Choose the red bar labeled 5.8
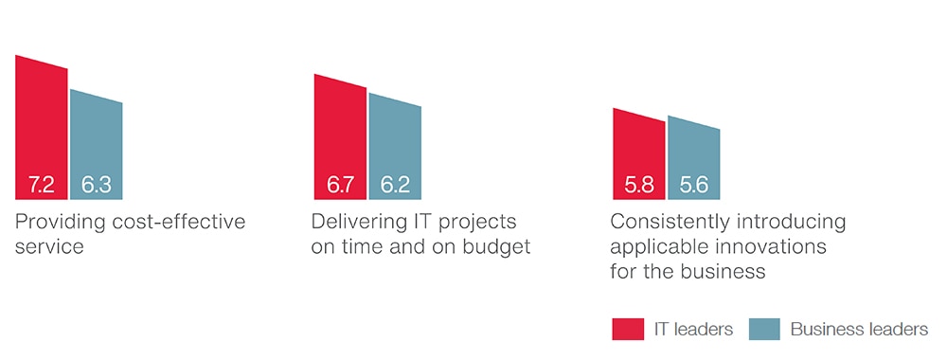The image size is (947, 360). click(x=639, y=154)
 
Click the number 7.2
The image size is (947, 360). click(x=41, y=185)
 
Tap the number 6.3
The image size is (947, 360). click(x=97, y=185)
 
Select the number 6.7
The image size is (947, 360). click(x=340, y=185)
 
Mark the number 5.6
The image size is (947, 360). click(x=694, y=185)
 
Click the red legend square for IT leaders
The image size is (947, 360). click(x=628, y=329)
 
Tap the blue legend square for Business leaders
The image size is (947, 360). click(x=764, y=329)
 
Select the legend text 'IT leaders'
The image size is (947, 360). click(x=693, y=329)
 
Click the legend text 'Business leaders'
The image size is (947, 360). click(x=860, y=329)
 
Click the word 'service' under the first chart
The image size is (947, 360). click(x=49, y=247)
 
